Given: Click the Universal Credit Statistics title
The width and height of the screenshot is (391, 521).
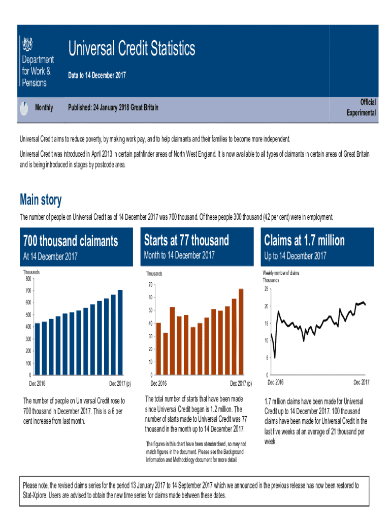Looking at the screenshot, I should click(x=131, y=49).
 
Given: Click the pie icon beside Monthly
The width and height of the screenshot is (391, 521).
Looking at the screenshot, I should click(x=23, y=108).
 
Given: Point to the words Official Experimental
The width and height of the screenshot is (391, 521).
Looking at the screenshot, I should click(x=361, y=108).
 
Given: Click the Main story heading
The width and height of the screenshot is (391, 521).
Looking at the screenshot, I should click(x=41, y=199).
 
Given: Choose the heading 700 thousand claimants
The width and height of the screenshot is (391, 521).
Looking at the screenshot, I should click(x=71, y=240).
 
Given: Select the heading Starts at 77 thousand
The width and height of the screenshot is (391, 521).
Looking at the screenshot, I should click(x=186, y=240).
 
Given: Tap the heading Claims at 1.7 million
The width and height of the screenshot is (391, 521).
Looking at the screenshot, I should click(x=304, y=240).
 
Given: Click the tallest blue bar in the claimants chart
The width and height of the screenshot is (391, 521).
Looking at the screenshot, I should click(x=120, y=332).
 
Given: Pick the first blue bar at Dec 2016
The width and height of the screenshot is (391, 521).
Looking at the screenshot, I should click(x=37, y=349).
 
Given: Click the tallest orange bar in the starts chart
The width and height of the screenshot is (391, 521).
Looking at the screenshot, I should click(x=241, y=331).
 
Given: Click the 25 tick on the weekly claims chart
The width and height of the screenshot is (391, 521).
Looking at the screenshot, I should click(x=266, y=290).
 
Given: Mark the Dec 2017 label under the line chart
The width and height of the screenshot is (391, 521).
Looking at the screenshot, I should click(x=361, y=382).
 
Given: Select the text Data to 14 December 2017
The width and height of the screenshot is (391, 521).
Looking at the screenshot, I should click(x=97, y=76).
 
